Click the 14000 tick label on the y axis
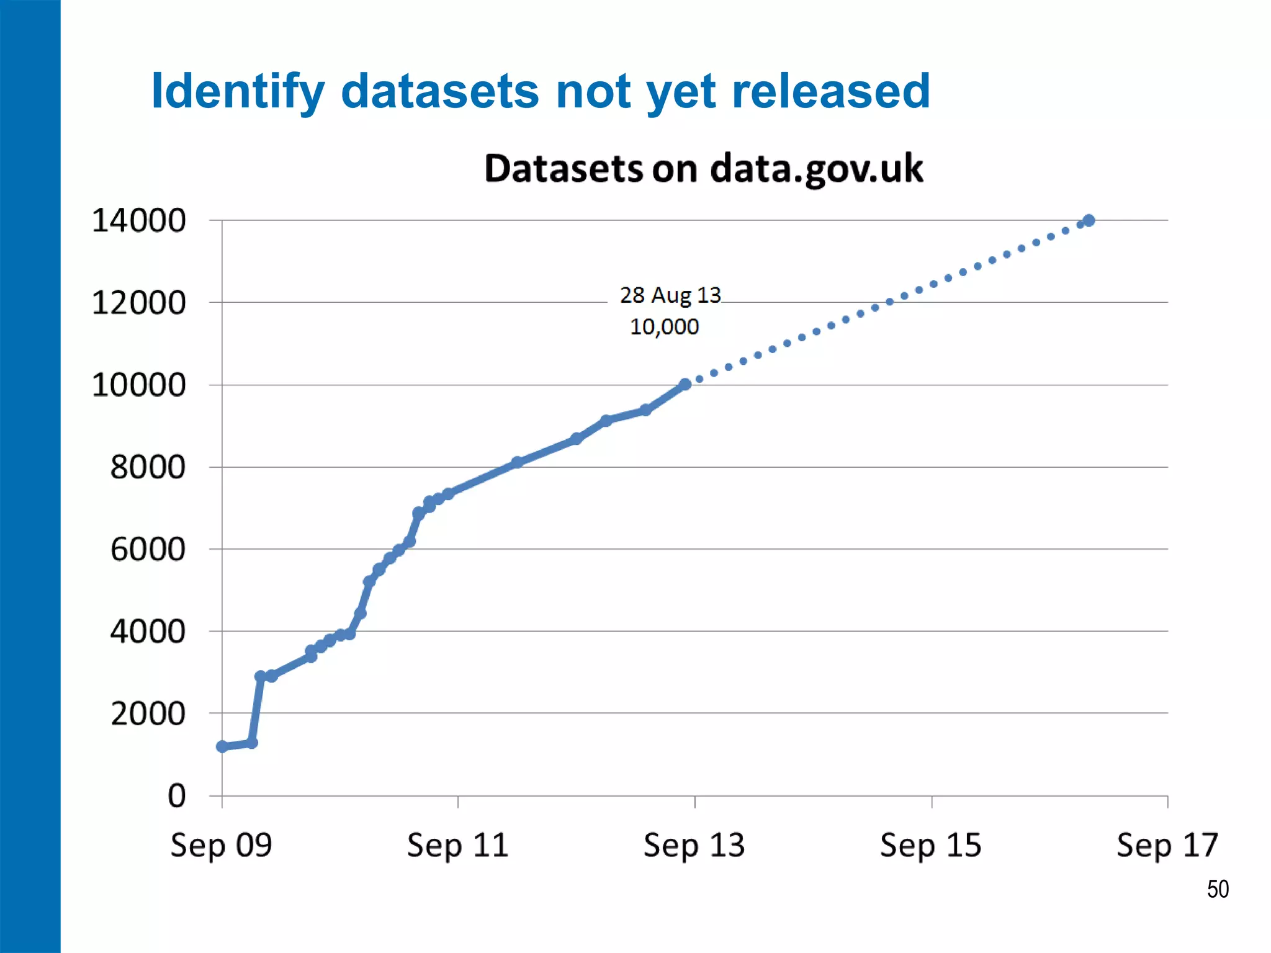tap(138, 221)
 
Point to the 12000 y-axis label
tap(138, 303)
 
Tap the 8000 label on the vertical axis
tap(148, 467)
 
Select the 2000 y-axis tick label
tap(148, 714)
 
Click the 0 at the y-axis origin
tap(177, 796)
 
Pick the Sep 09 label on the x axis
tap(222, 845)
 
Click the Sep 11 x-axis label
tap(458, 845)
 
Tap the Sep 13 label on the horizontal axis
tap(694, 845)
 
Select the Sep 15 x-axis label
tap(931, 845)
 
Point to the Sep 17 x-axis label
tap(1167, 845)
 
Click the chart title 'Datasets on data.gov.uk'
tap(703, 169)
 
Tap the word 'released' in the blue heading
tap(831, 91)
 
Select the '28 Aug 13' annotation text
tap(670, 295)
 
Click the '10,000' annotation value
tap(664, 327)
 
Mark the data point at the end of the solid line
tap(685, 385)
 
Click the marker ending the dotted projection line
tap(1089, 220)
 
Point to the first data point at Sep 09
tap(222, 746)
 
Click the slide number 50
tap(1218, 890)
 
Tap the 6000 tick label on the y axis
tap(148, 550)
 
